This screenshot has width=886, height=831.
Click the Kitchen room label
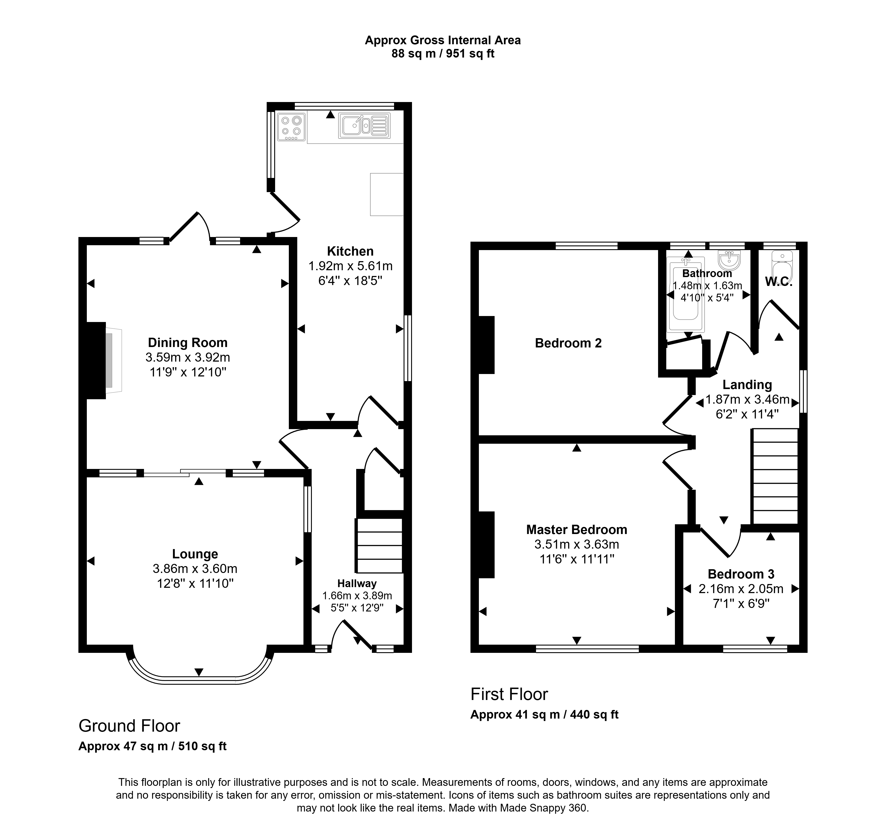pyautogui.click(x=350, y=251)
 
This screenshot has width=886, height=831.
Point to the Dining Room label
pyautogui.click(x=188, y=342)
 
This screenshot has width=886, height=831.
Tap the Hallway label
pyautogui.click(x=357, y=583)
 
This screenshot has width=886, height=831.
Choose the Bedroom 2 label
pyautogui.click(x=568, y=343)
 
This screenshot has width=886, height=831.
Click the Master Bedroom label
pyautogui.click(x=577, y=530)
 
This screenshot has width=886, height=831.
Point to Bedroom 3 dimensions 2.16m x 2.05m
pyautogui.click(x=741, y=589)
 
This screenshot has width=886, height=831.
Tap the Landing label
pyautogui.click(x=747, y=384)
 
